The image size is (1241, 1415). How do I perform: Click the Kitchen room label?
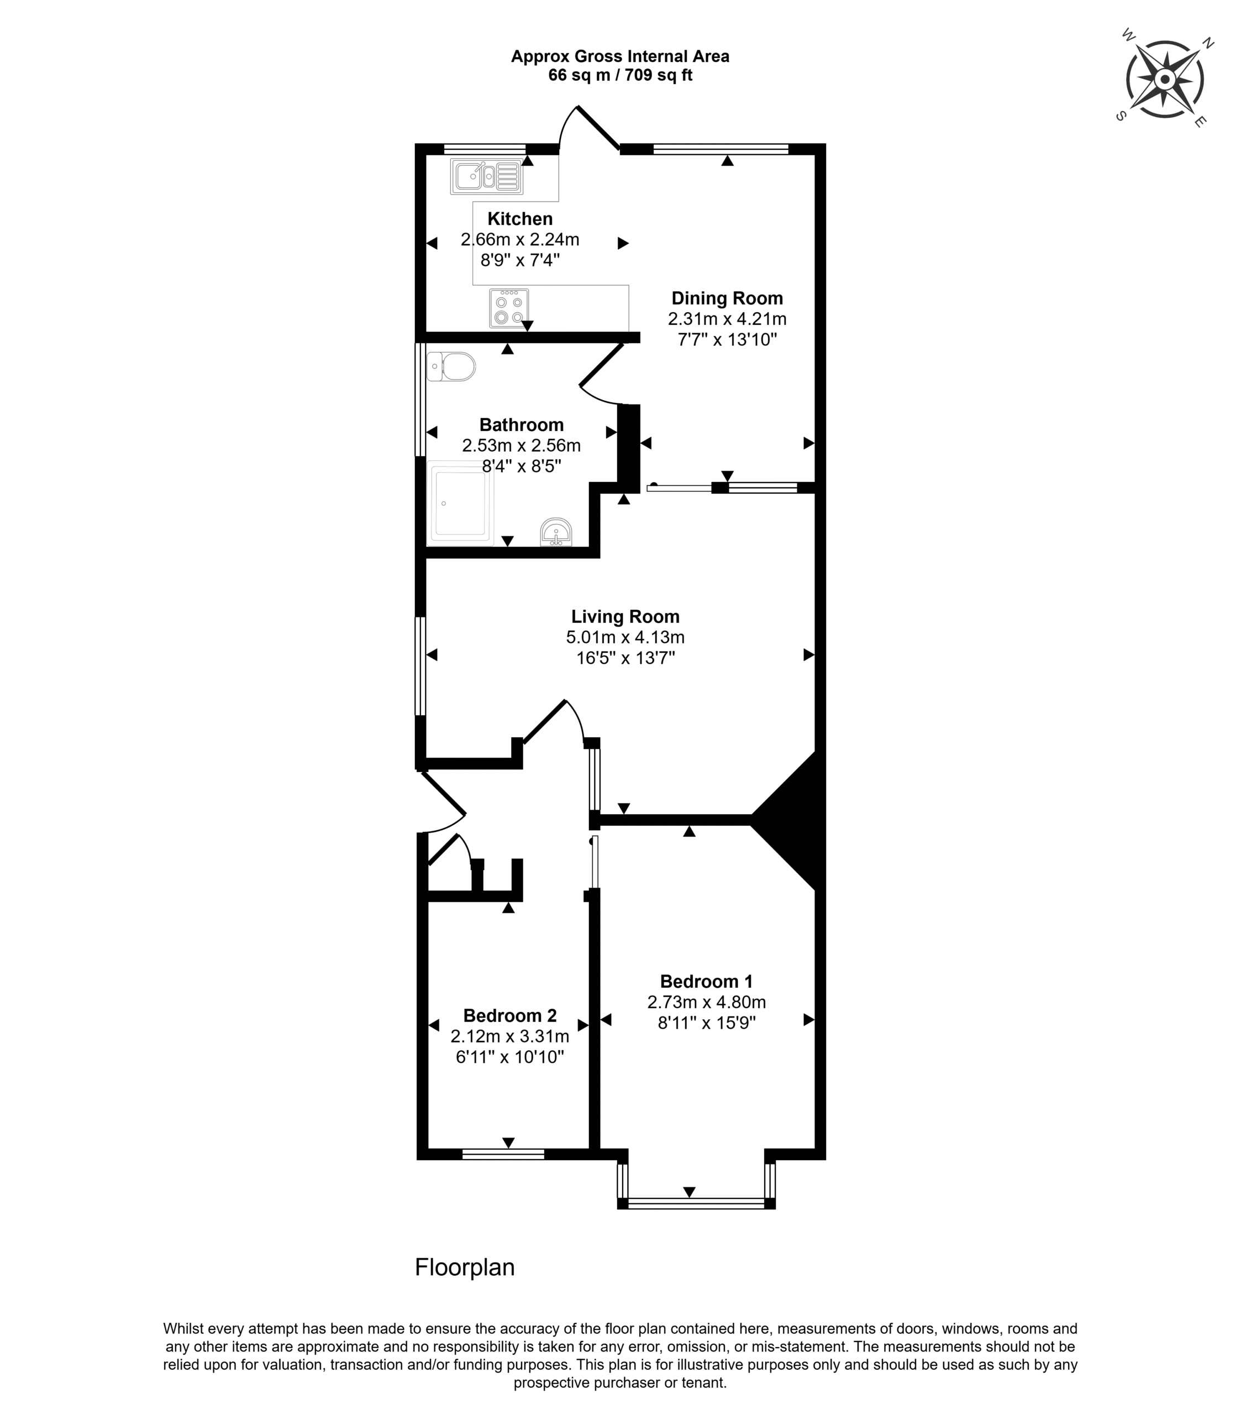coord(520,219)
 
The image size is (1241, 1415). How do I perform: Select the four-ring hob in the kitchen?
coord(509,307)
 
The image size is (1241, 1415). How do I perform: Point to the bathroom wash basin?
coord(556,532)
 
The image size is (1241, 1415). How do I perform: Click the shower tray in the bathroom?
coord(461,502)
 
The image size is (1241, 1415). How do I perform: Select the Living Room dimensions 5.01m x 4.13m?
coord(625,637)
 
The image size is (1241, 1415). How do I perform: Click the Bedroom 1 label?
coord(706,982)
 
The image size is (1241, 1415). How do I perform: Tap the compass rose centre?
coord(1165,80)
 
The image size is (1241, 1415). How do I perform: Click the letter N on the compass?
coord(1208,44)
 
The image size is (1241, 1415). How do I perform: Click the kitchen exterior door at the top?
coord(599,128)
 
